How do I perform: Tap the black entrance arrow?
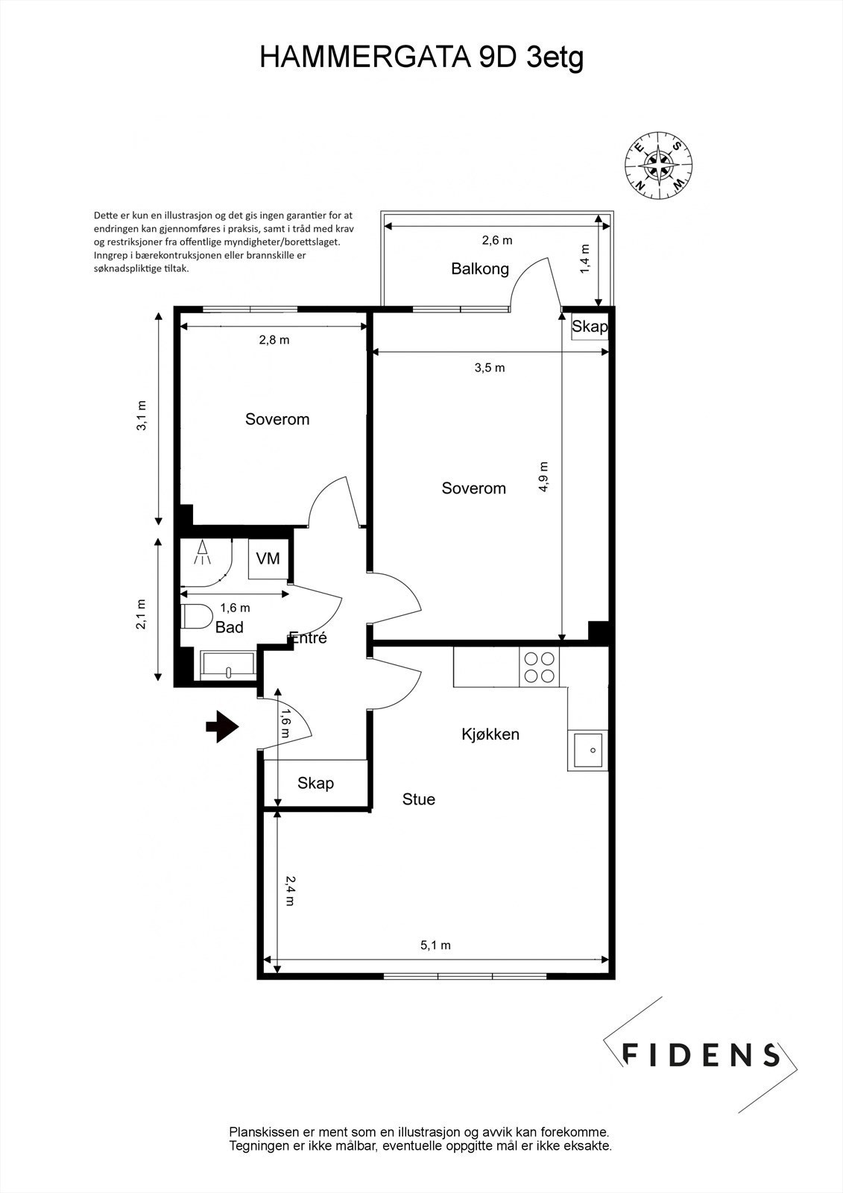pyautogui.click(x=222, y=726)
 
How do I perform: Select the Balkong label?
pyautogui.click(x=480, y=269)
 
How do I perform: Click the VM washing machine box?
pyautogui.click(x=268, y=558)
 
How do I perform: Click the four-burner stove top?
pyautogui.click(x=540, y=667)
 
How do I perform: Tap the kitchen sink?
pyautogui.click(x=588, y=750)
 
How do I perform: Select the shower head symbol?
pyautogui.click(x=202, y=553)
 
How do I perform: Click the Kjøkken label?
pyautogui.click(x=490, y=734)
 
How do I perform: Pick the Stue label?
pyautogui.click(x=419, y=799)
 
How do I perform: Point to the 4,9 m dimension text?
pyautogui.click(x=543, y=476)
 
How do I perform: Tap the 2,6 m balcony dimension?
pyautogui.click(x=497, y=240)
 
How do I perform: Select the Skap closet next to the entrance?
pyautogui.click(x=316, y=783)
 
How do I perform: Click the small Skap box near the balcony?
pyautogui.click(x=590, y=325)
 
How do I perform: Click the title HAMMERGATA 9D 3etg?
pyautogui.click(x=421, y=57)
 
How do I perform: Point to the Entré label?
pyautogui.click(x=307, y=638)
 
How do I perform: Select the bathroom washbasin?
pyautogui.click(x=229, y=666)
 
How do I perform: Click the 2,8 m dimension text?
pyautogui.click(x=274, y=340)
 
